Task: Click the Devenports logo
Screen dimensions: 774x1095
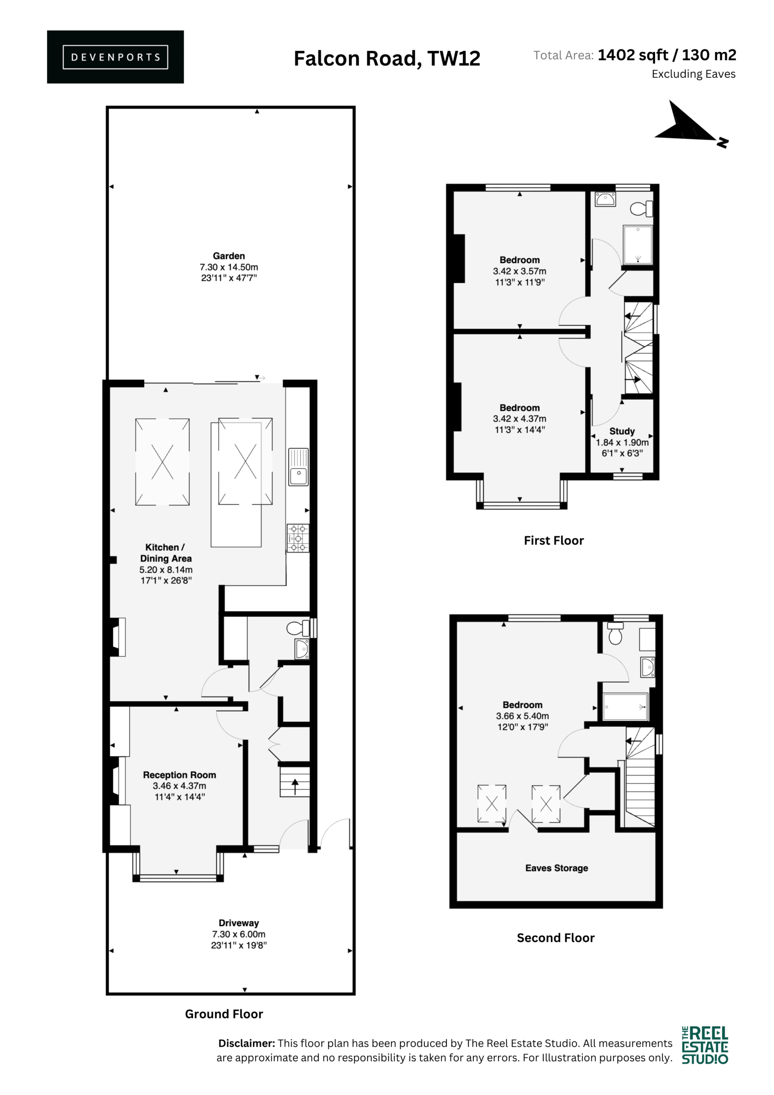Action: [x=115, y=57]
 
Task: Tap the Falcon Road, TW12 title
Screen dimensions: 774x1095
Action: [x=387, y=59]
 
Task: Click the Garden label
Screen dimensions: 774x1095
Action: [x=229, y=256]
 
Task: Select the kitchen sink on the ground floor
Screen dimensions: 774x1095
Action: [x=298, y=467]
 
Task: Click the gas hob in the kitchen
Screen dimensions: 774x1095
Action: [x=298, y=538]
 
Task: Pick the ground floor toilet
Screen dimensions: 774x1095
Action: [x=298, y=628]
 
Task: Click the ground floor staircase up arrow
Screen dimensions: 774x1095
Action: [x=295, y=786]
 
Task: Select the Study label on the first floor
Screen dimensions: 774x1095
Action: [x=622, y=431]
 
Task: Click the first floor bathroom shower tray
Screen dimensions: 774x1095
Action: [x=638, y=245]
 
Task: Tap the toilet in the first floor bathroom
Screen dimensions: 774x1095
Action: [x=641, y=209]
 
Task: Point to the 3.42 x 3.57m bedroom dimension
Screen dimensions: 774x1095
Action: [x=520, y=271]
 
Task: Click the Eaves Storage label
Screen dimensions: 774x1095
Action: [x=556, y=868]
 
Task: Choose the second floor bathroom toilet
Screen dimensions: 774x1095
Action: [x=615, y=633]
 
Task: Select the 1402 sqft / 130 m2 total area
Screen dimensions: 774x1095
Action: [x=667, y=55]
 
